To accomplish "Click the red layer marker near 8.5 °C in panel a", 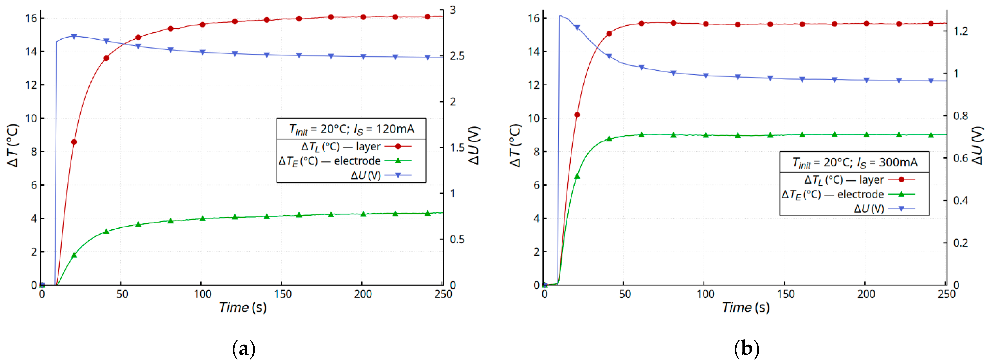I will tap(74, 142).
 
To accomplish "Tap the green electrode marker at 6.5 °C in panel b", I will tap(577, 176).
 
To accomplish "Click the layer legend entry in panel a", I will tap(341, 147).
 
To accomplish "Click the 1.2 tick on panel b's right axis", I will tap(960, 31).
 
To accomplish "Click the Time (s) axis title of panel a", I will tap(243, 307).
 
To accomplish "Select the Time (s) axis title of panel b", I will tap(745, 307).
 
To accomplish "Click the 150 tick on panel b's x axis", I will tap(785, 294).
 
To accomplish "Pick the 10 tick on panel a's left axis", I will tap(31, 118).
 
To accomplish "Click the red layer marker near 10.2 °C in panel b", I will tap(577, 115).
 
